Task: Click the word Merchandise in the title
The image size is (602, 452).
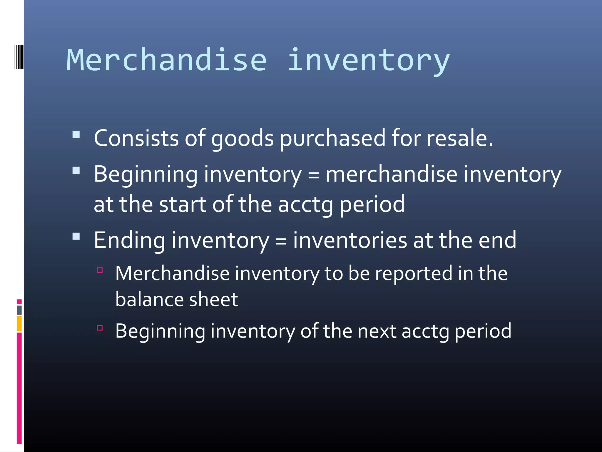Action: click(x=167, y=60)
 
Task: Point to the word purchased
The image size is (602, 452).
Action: click(x=332, y=138)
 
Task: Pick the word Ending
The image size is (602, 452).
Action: click(x=129, y=240)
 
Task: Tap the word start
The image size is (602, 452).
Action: click(x=183, y=204)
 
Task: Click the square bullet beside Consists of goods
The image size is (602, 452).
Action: click(x=76, y=134)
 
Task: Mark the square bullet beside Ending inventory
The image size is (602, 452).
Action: click(x=76, y=236)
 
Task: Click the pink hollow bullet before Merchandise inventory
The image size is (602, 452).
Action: click(x=100, y=270)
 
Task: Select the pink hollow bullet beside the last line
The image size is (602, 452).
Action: click(x=100, y=328)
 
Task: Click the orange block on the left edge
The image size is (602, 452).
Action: click(x=19, y=323)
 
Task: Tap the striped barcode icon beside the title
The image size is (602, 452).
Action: click(x=19, y=57)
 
